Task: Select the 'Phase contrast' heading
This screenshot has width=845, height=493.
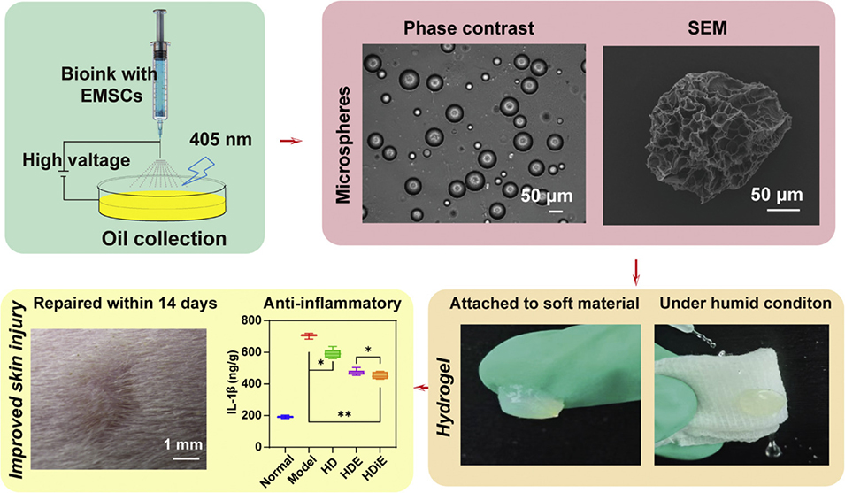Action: coord(468,28)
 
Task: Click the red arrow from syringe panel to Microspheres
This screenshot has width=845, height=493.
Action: coord(288,142)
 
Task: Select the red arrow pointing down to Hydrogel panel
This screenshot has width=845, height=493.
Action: coord(637,268)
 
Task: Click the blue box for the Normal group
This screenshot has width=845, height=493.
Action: coord(284,416)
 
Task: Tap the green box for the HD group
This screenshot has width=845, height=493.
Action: coord(333,353)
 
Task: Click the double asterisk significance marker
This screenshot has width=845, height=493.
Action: coord(344,412)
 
